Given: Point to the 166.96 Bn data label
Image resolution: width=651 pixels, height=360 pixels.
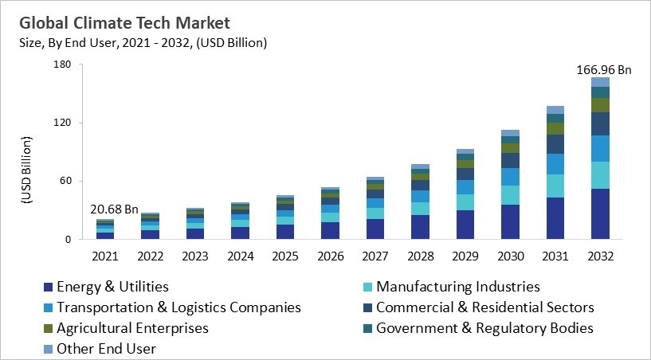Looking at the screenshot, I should (x=603, y=70).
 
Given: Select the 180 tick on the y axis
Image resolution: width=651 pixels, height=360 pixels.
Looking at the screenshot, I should (x=63, y=65).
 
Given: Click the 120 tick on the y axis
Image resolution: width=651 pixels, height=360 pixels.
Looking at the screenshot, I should (x=63, y=123).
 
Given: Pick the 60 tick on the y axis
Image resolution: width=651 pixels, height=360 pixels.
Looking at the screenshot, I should (x=66, y=181).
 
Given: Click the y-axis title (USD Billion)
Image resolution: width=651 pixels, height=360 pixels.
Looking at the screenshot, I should (x=25, y=170).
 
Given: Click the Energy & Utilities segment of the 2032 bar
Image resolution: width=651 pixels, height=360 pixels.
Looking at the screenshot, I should (x=600, y=213).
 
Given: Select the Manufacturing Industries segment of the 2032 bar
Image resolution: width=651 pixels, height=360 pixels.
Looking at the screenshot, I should (x=600, y=175).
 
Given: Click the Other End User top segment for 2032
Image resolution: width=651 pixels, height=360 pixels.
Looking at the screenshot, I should (x=600, y=82).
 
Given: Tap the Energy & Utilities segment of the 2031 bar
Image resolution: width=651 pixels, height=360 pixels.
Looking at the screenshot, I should (x=555, y=218).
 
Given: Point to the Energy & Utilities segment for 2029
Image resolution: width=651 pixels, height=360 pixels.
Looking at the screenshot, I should (x=465, y=225).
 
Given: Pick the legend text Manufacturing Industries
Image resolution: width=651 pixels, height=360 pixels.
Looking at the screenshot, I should (x=457, y=287).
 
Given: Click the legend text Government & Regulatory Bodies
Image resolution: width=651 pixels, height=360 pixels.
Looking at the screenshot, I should (x=484, y=328).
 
